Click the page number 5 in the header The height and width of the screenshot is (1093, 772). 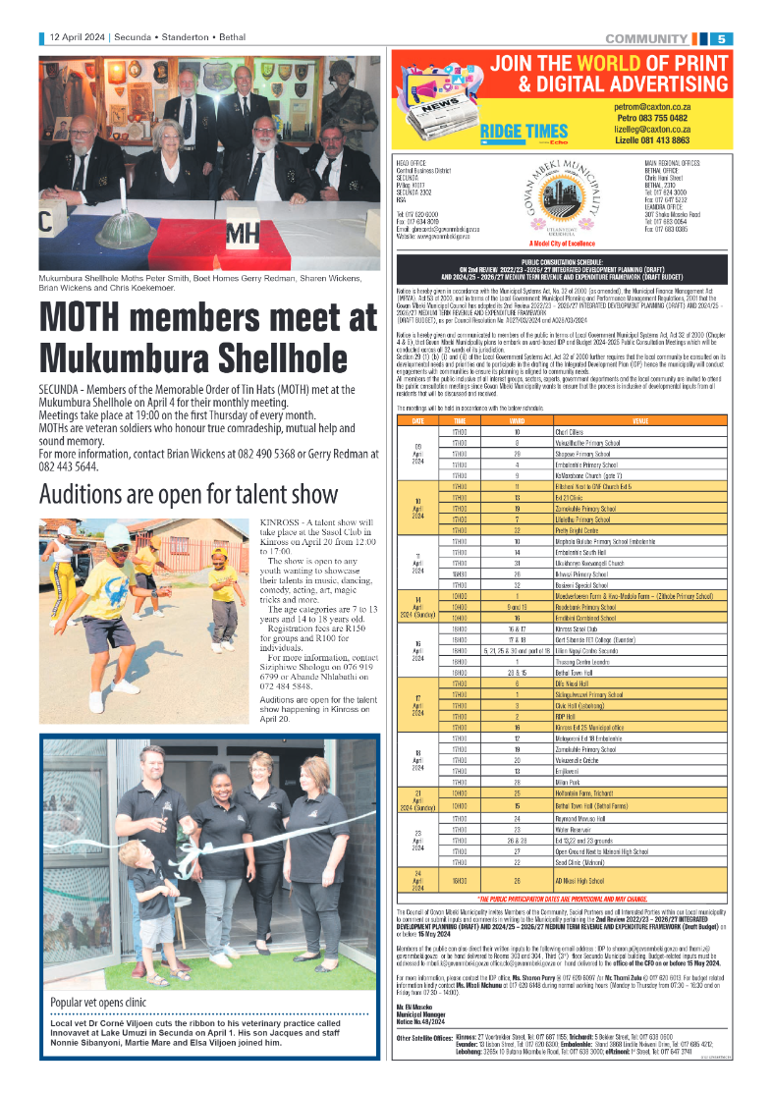pyautogui.click(x=721, y=38)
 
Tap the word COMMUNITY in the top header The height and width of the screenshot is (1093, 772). pyautogui.click(x=645, y=38)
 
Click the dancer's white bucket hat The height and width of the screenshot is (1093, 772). pyautogui.click(x=118, y=535)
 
